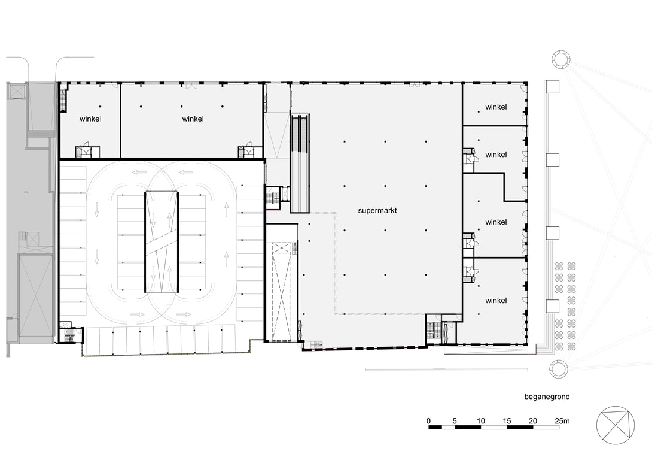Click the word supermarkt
pyautogui.click(x=377, y=210)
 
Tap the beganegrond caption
pyautogui.click(x=547, y=397)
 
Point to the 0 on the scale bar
pyautogui.click(x=428, y=420)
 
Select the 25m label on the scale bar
pyautogui.click(x=562, y=420)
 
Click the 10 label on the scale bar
pyautogui.click(x=480, y=420)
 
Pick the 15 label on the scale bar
pyautogui.click(x=507, y=420)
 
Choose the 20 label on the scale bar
pyautogui.click(x=532, y=420)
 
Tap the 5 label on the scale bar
pyautogui.click(x=455, y=420)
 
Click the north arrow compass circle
pyautogui.click(x=615, y=406)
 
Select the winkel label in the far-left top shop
pyautogui.click(x=90, y=119)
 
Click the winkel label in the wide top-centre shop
pyautogui.click(x=193, y=119)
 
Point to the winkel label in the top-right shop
pyautogui.click(x=496, y=107)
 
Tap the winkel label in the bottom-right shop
pyautogui.click(x=496, y=301)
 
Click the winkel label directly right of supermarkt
pyautogui.click(x=496, y=222)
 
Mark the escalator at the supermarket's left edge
pyautogui.click(x=300, y=163)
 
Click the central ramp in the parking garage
pyautogui.click(x=162, y=242)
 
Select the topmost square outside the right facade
pyautogui.click(x=552, y=87)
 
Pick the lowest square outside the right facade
pyautogui.click(x=552, y=307)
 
